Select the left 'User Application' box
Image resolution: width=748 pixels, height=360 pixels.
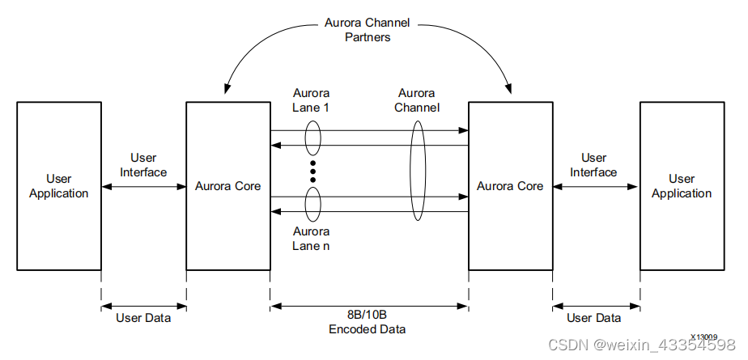(58, 186)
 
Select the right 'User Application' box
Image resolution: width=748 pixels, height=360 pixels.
(681, 186)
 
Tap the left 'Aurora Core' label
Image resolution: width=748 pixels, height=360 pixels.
(227, 186)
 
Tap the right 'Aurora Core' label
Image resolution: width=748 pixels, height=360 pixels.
(510, 186)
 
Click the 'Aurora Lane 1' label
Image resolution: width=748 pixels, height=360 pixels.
(311, 100)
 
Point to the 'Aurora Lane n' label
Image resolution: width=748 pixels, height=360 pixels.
(311, 239)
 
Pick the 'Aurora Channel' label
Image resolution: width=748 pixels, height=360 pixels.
(417, 100)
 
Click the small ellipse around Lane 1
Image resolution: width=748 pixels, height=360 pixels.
(312, 138)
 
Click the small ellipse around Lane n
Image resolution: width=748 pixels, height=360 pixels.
(312, 204)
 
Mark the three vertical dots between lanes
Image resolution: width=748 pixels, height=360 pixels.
(312, 172)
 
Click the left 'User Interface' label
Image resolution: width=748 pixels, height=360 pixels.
(143, 165)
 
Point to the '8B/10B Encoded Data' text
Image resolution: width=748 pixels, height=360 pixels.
(368, 323)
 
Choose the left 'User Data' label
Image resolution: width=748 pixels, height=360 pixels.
(143, 318)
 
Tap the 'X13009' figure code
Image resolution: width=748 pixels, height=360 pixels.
(703, 336)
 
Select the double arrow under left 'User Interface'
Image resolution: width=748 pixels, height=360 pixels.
(143, 186)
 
